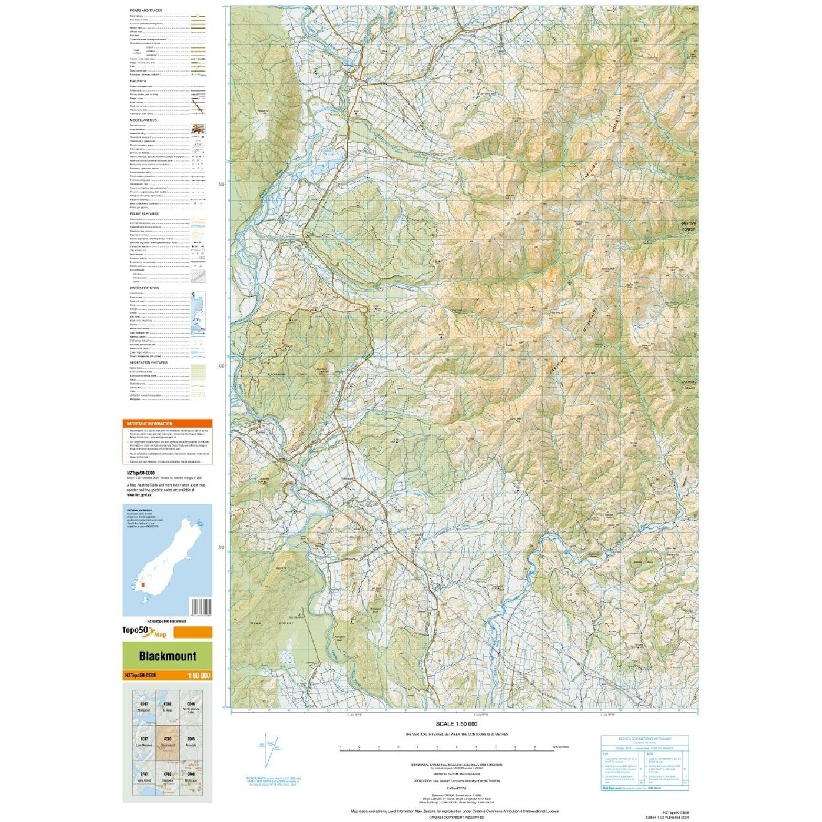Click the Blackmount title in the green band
167,656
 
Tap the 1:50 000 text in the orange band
198,676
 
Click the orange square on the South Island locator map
143,585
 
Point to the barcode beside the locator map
199,607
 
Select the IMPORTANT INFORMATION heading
150,424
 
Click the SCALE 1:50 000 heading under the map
456,724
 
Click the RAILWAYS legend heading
138,81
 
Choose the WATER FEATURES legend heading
144,288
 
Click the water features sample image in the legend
198,312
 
